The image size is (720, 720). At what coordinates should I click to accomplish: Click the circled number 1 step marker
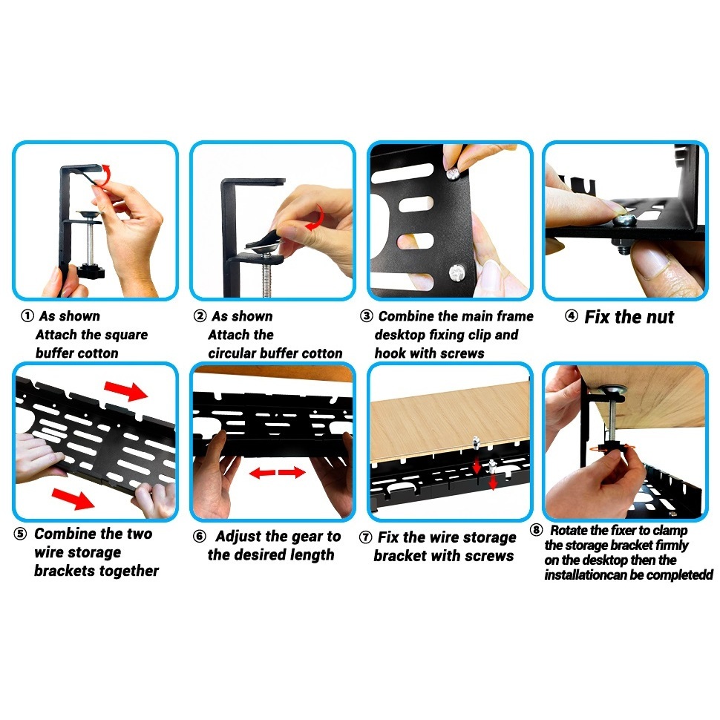click(x=27, y=316)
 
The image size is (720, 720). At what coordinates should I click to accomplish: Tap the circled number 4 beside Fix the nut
click(x=572, y=316)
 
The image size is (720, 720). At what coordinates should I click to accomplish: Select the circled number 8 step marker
click(x=537, y=531)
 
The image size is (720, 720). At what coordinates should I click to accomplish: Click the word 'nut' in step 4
click(x=660, y=317)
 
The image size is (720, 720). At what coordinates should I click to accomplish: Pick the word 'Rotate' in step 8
click(x=569, y=531)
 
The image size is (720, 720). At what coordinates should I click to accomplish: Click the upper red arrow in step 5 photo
click(x=126, y=390)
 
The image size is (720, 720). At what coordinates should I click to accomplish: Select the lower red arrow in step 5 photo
click(x=73, y=499)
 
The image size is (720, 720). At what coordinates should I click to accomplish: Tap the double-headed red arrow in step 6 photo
click(x=278, y=472)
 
